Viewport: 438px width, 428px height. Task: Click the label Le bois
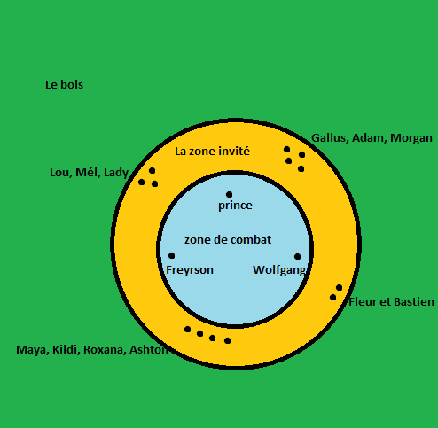64,85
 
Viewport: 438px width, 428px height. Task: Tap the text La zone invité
212,151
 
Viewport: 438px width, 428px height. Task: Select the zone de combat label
228,239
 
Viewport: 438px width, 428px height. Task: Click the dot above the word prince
229,194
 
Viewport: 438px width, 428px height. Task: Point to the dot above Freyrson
171,255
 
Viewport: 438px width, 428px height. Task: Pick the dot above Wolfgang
298,256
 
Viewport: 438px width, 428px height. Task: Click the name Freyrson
190,270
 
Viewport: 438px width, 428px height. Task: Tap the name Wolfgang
279,270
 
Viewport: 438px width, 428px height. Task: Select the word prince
235,206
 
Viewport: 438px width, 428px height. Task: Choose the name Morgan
411,138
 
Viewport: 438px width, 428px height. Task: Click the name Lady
116,173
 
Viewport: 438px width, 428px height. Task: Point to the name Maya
32,350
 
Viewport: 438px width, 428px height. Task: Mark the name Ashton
149,350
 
